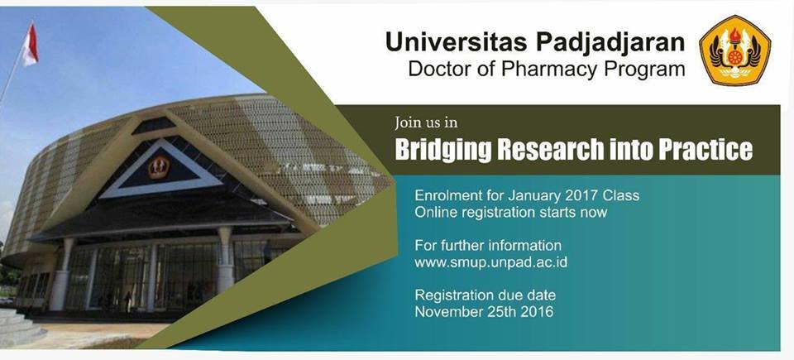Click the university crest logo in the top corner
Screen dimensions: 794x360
pos(734,50)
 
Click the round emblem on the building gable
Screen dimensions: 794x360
pos(159,167)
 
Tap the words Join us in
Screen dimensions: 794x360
pos(427,122)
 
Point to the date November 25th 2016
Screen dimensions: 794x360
pos(484,311)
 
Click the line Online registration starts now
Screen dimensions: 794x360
pos(510,212)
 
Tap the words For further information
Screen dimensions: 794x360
pos(488,246)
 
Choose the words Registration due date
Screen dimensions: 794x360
pos(485,295)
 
